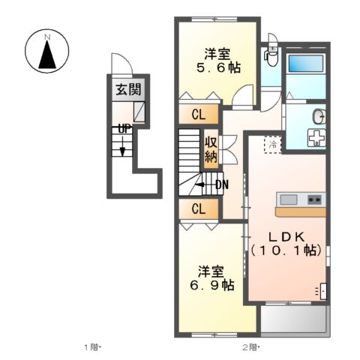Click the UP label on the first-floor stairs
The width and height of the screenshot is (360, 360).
pyautogui.click(x=123, y=129)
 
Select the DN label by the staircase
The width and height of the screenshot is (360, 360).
pyautogui.click(x=222, y=184)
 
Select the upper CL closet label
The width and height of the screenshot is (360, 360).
pyautogui.click(x=198, y=115)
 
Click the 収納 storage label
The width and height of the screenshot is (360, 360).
pyautogui.click(x=211, y=149)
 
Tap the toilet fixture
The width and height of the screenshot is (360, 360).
pyautogui.click(x=271, y=58)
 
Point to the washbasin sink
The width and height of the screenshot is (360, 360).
pyautogui.click(x=319, y=116)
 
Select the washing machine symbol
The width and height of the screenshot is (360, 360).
pyautogui.click(x=318, y=139)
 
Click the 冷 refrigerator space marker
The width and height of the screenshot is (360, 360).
pyautogui.click(x=274, y=143)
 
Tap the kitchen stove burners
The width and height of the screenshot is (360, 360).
pyautogui.click(x=314, y=199)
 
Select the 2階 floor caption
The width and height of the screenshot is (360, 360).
pyautogui.click(x=250, y=346)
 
